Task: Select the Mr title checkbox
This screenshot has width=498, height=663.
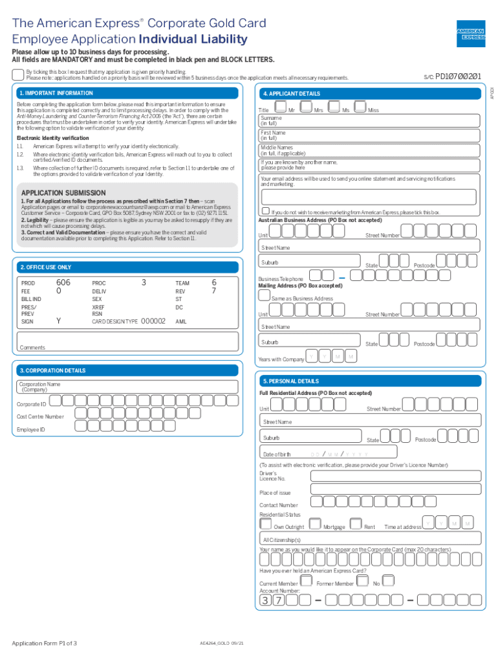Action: (x=281, y=107)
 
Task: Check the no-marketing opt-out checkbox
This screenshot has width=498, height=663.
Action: (x=265, y=211)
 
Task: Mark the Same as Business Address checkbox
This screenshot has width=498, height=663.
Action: (x=264, y=295)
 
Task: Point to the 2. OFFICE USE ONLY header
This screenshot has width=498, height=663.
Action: (x=45, y=267)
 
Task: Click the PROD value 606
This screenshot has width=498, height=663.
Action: (x=63, y=282)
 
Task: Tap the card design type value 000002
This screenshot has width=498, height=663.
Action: (x=153, y=320)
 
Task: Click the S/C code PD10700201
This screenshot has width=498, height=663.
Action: (x=458, y=76)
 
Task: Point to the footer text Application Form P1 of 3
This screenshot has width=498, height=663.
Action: (x=45, y=643)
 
